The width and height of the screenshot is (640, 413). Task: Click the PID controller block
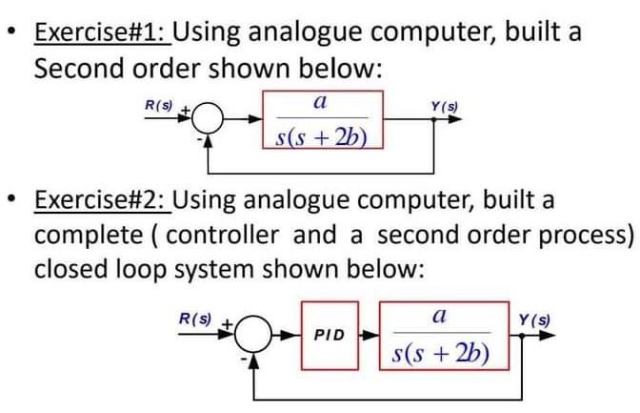(x=328, y=337)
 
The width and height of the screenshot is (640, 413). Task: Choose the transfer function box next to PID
(x=442, y=336)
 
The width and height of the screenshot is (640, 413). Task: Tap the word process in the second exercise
(x=585, y=235)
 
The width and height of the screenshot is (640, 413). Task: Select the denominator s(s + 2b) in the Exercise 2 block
(x=442, y=356)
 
